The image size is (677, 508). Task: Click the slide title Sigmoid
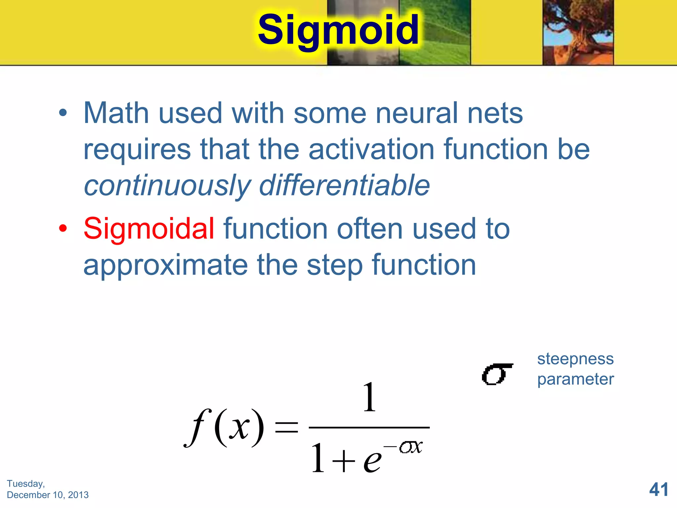[x=338, y=30]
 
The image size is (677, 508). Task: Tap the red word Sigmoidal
[x=149, y=229]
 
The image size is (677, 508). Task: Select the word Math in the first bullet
[x=116, y=113]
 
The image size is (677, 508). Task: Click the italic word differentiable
[x=344, y=185]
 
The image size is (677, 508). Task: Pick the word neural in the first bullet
[x=417, y=113]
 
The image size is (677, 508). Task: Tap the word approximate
[x=165, y=266]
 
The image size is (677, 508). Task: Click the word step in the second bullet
[x=334, y=266]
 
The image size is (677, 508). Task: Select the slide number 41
[x=658, y=489]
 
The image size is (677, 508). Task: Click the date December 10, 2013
[x=48, y=495]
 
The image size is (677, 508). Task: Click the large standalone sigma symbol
[x=497, y=374]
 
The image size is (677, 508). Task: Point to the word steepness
[x=575, y=359]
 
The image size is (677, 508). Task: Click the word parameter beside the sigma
[x=575, y=379]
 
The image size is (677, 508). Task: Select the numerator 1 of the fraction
[x=369, y=397]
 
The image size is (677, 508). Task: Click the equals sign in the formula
[x=286, y=427]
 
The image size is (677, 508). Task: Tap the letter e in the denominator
[x=372, y=460]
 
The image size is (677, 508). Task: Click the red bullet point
[x=63, y=228]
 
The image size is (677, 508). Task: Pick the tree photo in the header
[x=578, y=32]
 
